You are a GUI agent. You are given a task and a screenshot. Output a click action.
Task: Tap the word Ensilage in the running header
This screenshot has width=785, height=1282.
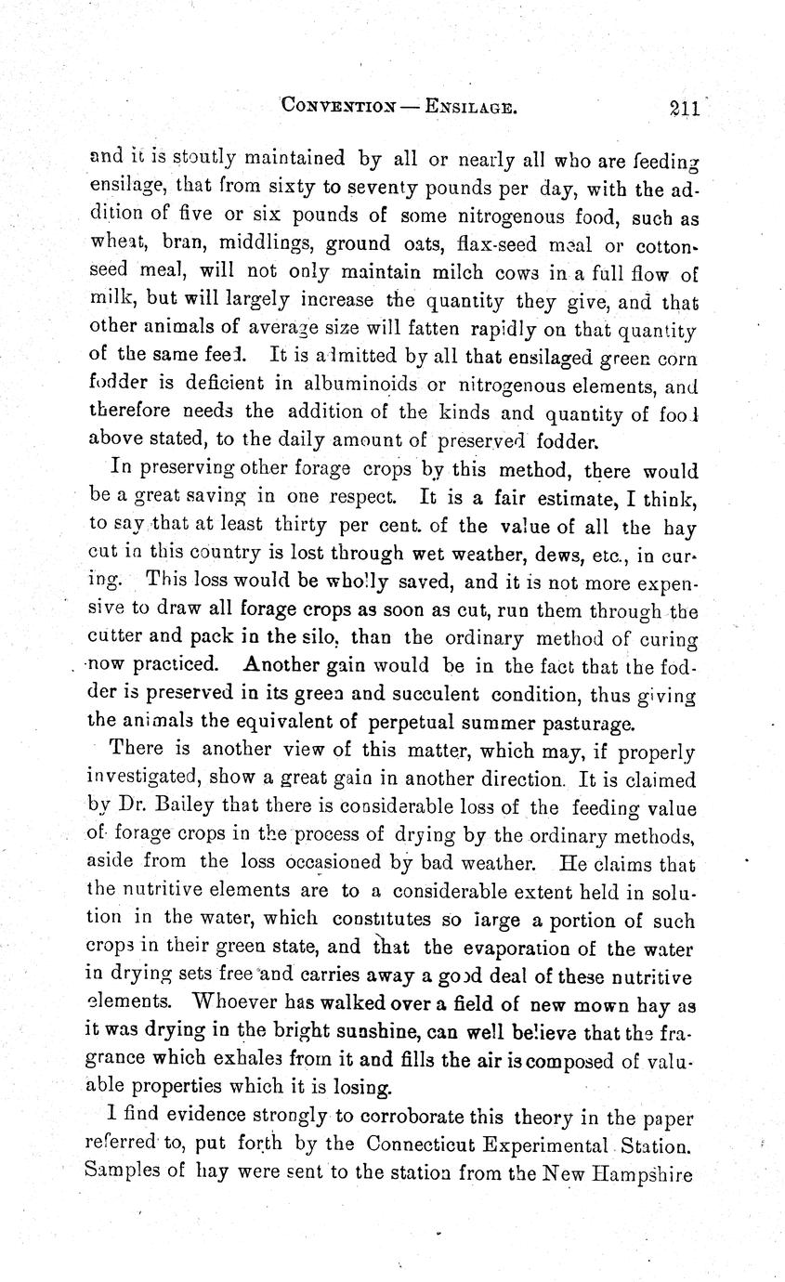(x=468, y=108)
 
